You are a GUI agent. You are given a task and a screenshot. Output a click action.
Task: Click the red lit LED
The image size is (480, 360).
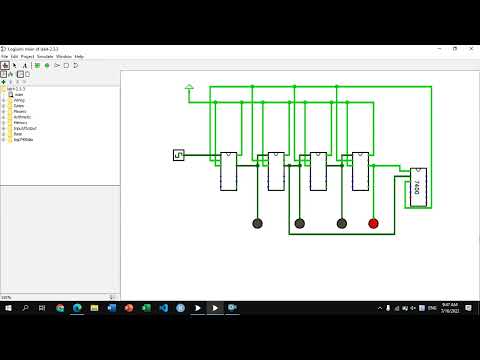(x=374, y=223)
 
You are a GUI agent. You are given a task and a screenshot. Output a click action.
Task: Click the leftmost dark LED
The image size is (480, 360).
(x=257, y=223)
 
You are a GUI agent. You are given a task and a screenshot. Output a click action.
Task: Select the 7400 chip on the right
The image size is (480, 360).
(x=418, y=187)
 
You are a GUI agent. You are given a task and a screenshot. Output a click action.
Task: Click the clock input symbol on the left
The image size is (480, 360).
(x=179, y=155)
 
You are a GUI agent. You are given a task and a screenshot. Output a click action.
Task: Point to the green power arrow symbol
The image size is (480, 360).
(x=189, y=89)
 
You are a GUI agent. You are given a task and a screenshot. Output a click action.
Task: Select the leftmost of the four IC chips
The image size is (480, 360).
(x=228, y=171)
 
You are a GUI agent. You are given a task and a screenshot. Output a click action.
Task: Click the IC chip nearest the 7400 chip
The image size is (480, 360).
(x=361, y=171)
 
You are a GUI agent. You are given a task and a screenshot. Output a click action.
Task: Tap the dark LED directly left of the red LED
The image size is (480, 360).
(x=342, y=223)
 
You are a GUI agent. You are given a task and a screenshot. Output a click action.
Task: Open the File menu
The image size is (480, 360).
(x=5, y=56)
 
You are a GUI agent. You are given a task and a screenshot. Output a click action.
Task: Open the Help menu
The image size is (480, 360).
(x=79, y=56)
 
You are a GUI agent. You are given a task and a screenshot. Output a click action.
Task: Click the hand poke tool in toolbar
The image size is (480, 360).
(x=6, y=66)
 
